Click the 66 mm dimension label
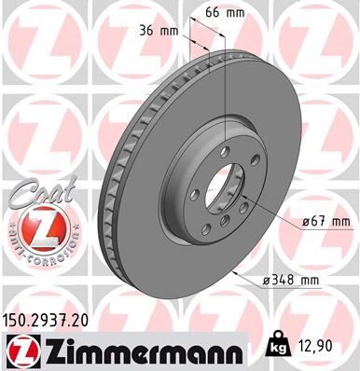click(x=215, y=13)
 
